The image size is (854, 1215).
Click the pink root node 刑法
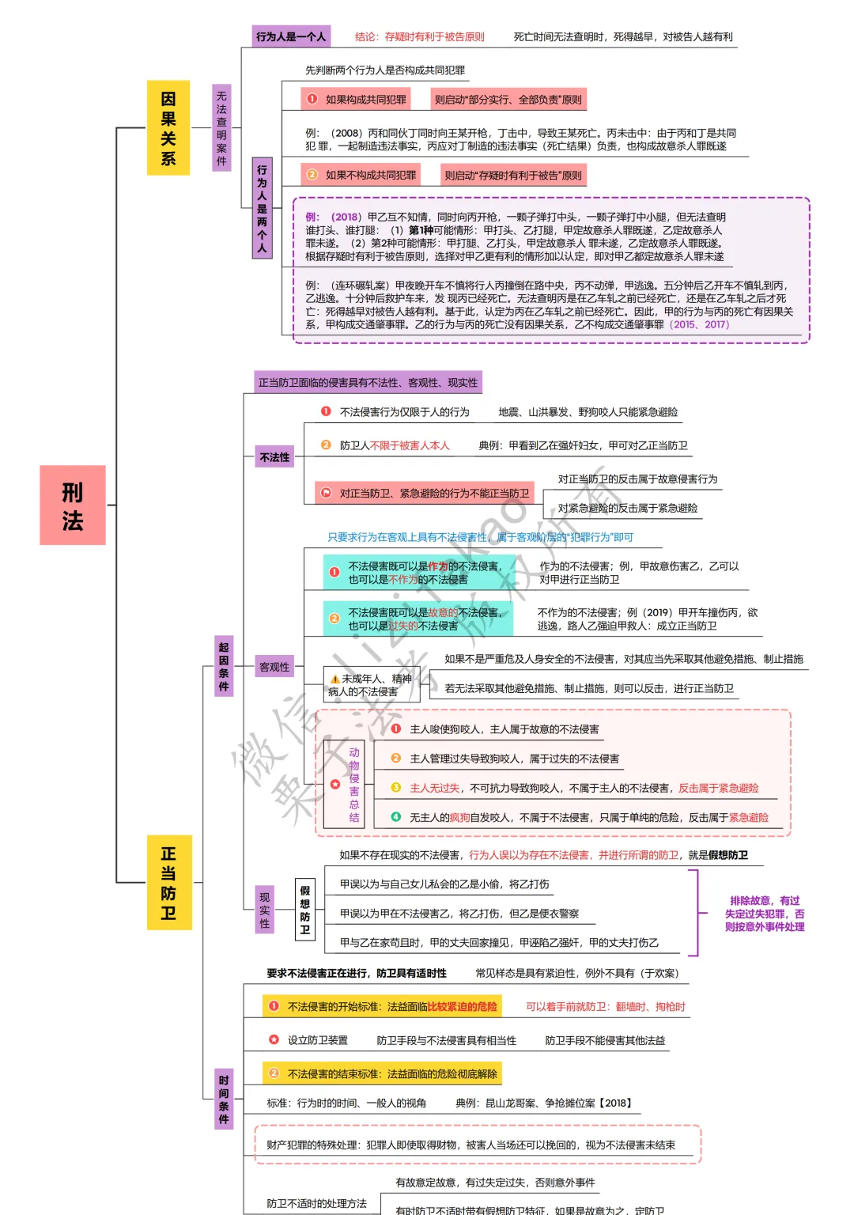(73, 505)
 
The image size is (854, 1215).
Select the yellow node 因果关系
(168, 128)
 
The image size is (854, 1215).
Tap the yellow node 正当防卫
(169, 882)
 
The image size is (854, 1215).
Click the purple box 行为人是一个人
(290, 36)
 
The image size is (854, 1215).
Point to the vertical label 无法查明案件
(221, 128)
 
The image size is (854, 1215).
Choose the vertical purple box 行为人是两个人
(262, 209)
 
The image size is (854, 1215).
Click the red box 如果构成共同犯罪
(357, 100)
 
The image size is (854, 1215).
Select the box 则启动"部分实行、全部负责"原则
(508, 100)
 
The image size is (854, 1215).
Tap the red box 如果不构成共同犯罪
(361, 175)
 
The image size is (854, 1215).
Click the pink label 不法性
(274, 457)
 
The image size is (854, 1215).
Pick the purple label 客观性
(274, 667)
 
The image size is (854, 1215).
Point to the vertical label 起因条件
(224, 667)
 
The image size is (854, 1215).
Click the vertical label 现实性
(265, 910)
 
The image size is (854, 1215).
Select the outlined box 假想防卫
(305, 910)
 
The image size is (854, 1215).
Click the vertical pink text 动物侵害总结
(354, 785)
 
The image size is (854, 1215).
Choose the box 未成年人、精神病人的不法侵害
(370, 685)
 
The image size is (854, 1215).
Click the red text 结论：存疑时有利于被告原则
(419, 36)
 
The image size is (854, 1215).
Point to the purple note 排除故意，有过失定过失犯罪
(764, 914)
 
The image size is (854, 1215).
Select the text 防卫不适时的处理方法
(316, 1203)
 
